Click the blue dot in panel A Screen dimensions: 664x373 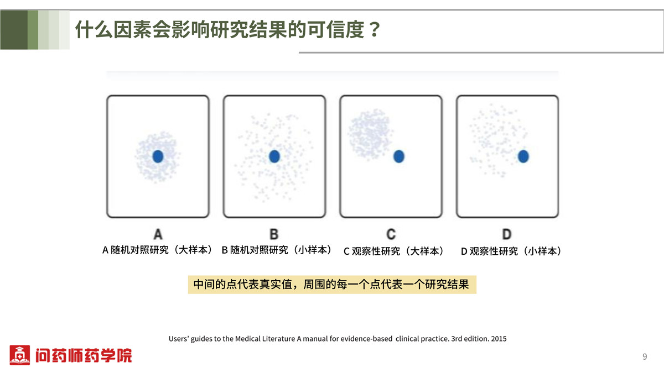point(158,156)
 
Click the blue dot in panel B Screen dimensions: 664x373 point(274,156)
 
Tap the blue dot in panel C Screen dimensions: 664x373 point(399,156)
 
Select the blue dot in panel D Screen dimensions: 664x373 point(523,156)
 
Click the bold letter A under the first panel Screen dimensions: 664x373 point(158,234)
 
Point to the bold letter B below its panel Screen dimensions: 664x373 point(274,234)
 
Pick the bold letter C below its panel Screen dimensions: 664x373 point(391,234)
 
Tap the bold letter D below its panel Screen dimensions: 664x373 point(507,234)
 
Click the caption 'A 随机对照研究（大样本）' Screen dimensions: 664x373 point(157,250)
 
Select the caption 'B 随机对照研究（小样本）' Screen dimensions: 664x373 point(277,250)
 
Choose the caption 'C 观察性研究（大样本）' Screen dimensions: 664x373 point(393,251)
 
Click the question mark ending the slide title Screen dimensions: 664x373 point(375,29)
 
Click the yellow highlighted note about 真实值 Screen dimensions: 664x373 point(332,285)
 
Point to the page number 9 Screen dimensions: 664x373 point(645,356)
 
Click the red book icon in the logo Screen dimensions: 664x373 point(19,355)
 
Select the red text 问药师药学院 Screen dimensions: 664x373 point(84,355)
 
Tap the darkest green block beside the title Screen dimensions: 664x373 point(14,30)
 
